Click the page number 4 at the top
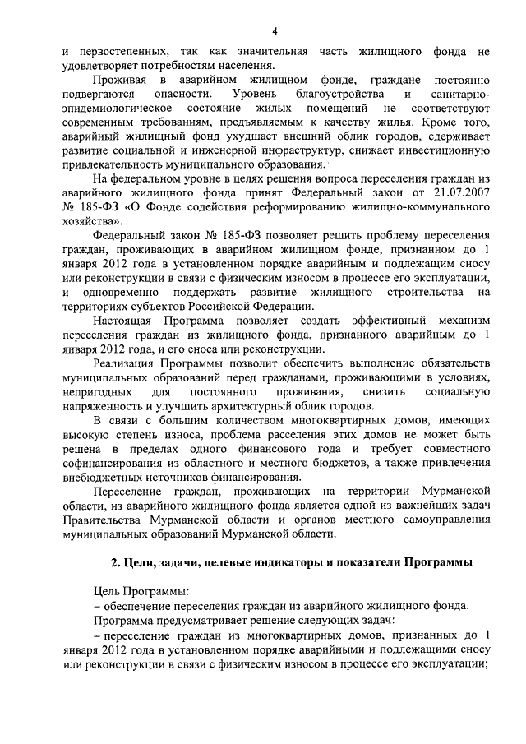pyautogui.click(x=275, y=32)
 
